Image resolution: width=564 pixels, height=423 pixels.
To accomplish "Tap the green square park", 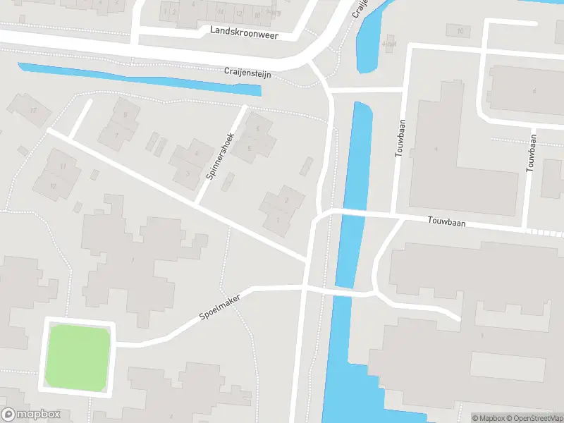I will tap(78, 356).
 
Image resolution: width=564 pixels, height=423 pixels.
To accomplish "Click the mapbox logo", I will tap(31, 415).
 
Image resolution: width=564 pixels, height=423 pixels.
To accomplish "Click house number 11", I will tap(63, 166).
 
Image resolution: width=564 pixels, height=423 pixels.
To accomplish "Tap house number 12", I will tap(53, 185).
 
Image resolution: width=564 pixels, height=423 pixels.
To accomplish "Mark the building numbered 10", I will tap(460, 30).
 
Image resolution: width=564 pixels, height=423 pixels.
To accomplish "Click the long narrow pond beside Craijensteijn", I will tap(141, 78).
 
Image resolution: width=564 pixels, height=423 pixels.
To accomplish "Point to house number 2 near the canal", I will tap(286, 200).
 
